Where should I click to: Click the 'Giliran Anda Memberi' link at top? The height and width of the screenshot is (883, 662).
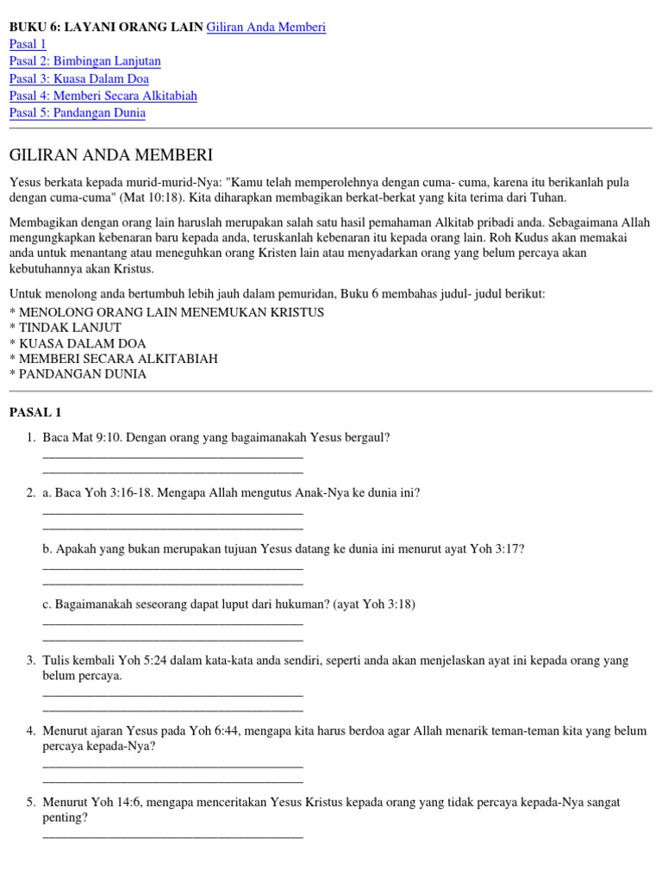pos(266,28)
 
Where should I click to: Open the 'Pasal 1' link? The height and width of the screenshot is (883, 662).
pos(28,44)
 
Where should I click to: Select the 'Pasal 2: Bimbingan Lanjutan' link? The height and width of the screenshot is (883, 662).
pos(84,61)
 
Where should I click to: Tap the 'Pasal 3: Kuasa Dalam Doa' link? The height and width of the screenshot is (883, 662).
pos(79,78)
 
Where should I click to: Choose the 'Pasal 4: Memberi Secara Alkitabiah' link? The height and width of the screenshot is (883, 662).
pos(103,96)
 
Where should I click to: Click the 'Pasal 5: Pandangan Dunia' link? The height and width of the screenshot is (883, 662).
pos(77,113)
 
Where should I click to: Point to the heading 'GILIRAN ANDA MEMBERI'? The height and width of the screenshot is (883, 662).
pos(110,155)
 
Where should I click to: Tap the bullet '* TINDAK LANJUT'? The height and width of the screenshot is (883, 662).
pos(65,328)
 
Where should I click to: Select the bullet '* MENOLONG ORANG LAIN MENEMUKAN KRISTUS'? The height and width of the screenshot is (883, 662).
pos(166,312)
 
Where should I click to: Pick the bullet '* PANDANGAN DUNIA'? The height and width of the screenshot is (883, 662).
pos(78,374)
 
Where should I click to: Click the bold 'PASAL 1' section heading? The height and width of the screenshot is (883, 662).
pos(34,413)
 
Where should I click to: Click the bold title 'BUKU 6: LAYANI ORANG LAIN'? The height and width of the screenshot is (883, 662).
pos(106,28)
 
